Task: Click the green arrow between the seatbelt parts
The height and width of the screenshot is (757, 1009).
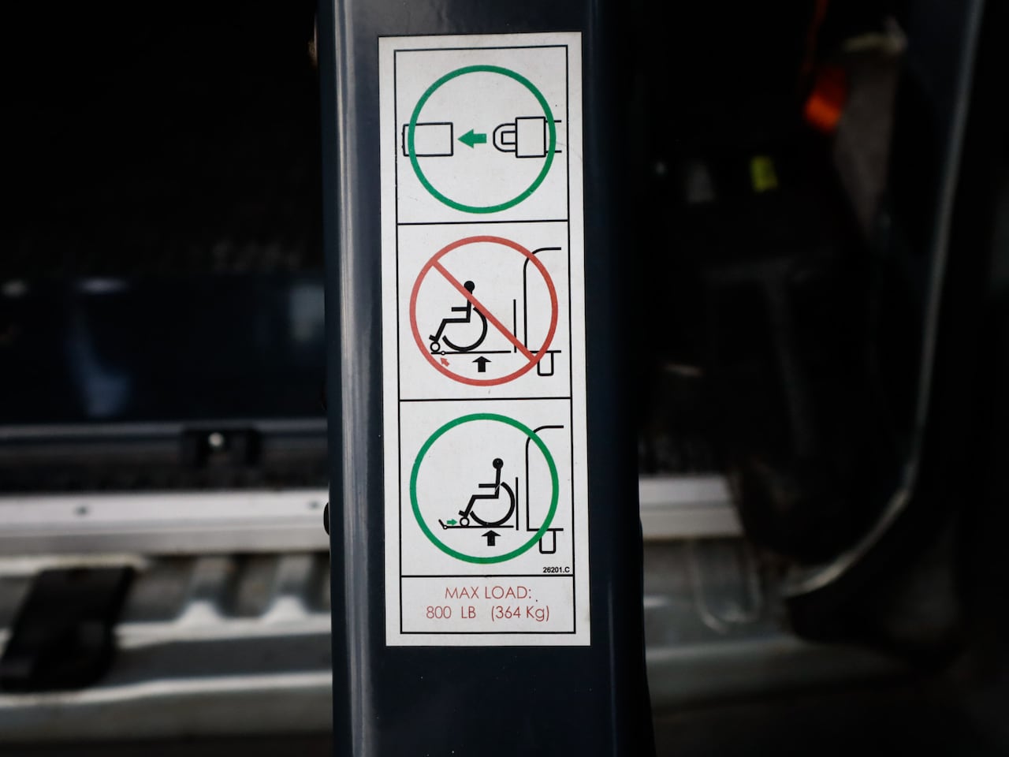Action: [472, 138]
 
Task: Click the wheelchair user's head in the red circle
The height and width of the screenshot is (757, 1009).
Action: [468, 286]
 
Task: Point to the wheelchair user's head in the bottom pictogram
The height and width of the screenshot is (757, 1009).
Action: [498, 463]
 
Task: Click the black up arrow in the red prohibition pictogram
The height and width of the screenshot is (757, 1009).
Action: [481, 364]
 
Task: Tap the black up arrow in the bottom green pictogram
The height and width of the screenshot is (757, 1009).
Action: [492, 538]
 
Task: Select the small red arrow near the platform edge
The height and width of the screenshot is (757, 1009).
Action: [444, 361]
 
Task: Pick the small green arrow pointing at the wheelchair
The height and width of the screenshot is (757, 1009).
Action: [452, 522]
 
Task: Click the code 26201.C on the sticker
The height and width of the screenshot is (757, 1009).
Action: [556, 570]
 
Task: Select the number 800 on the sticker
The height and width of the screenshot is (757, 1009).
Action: [438, 613]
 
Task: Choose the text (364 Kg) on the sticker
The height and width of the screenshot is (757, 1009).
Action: [520, 613]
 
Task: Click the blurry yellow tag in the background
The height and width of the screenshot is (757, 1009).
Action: [762, 173]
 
